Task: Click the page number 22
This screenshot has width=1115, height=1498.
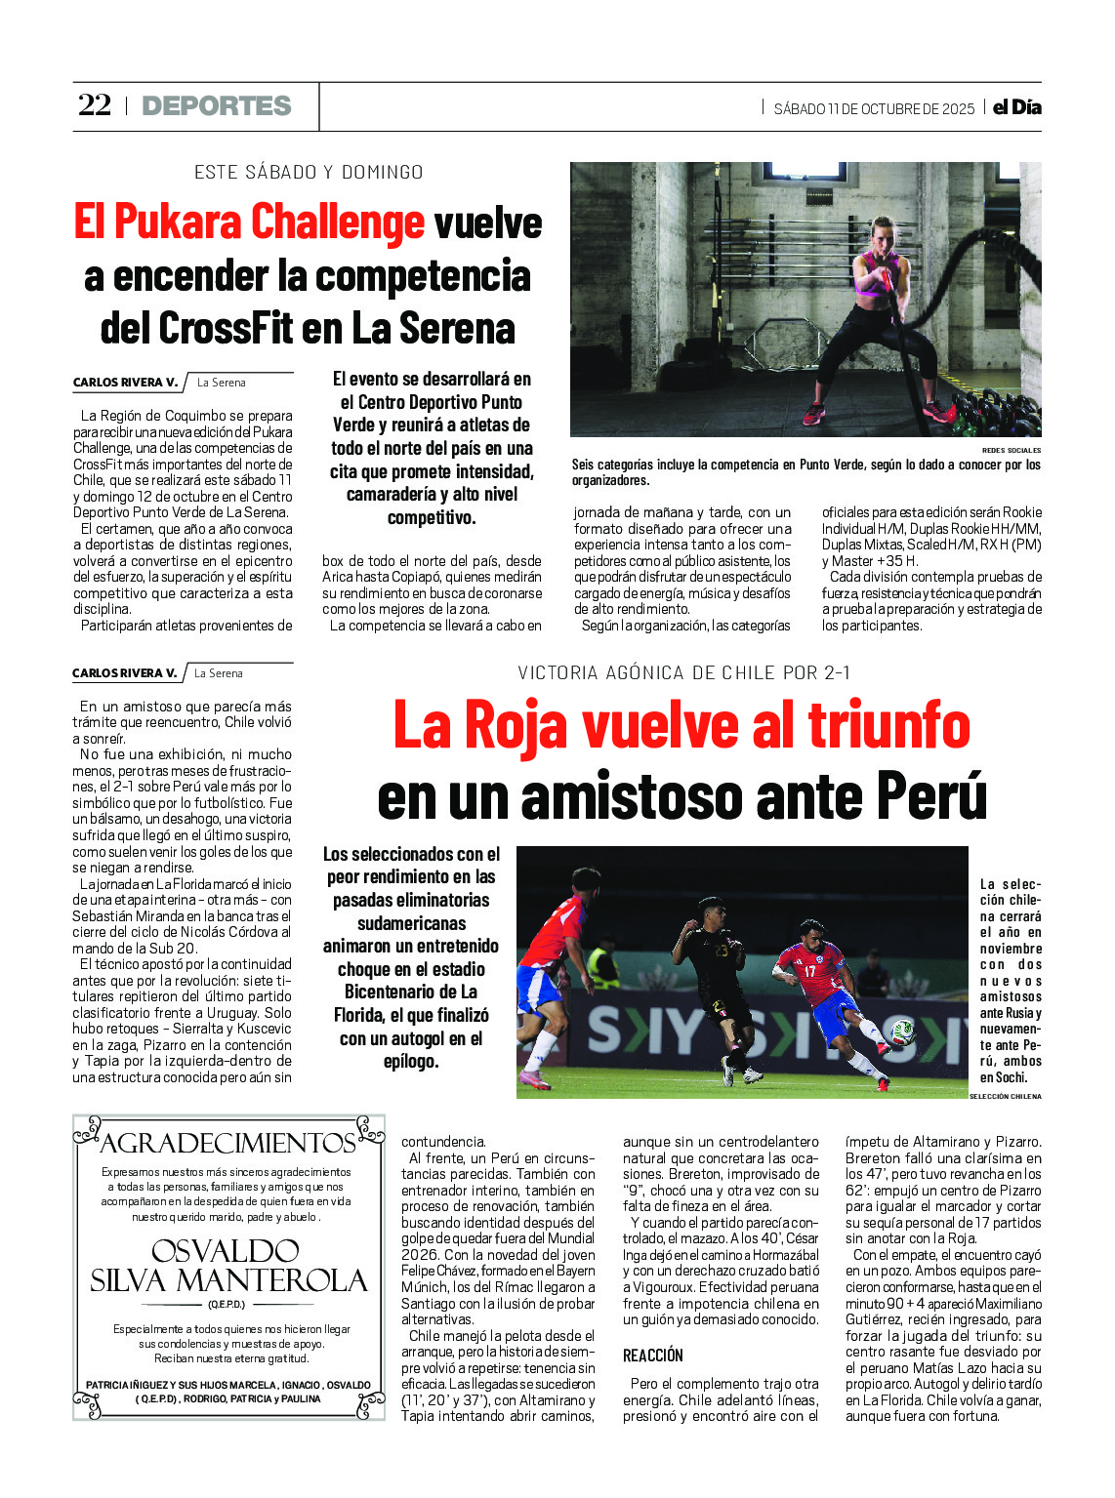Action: coord(95,105)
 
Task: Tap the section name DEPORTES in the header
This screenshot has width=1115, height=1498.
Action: coord(217,105)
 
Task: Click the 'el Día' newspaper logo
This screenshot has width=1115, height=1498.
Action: coord(1016,107)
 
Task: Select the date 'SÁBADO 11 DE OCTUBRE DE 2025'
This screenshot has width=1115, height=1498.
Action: coord(874,108)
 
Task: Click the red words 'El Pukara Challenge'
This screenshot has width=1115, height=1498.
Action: coord(249,222)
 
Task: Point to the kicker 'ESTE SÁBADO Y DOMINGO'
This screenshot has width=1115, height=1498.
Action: coord(309,173)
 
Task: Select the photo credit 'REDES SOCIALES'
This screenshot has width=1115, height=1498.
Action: coord(1012,450)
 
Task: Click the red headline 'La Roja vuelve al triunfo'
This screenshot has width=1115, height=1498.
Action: coord(681,726)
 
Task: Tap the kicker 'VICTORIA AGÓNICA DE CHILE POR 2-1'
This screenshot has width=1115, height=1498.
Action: coord(683,672)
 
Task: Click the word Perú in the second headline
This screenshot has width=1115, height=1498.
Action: coord(931,795)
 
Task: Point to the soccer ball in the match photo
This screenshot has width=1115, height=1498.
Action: coord(903,1032)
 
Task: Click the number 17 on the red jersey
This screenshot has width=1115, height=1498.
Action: coord(809,970)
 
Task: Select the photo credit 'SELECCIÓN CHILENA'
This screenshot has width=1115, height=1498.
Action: coord(1005,1096)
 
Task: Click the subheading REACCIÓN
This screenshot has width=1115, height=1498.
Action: coord(653,1356)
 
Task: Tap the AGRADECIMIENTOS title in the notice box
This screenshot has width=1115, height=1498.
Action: coord(228,1143)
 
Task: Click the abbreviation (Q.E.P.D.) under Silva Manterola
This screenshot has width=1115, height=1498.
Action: coord(227,1304)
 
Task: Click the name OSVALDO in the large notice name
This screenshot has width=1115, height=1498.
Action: coord(226,1251)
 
